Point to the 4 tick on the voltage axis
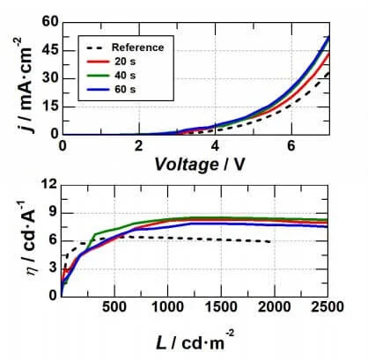(x=214, y=145)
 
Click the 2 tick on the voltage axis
(x=138, y=145)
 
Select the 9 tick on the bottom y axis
(x=51, y=212)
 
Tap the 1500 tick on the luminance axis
(x=220, y=305)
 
